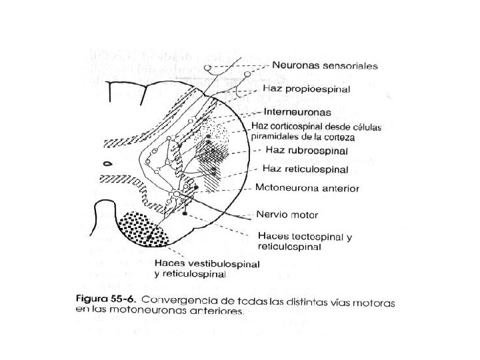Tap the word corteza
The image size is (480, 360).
click(337, 137)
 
